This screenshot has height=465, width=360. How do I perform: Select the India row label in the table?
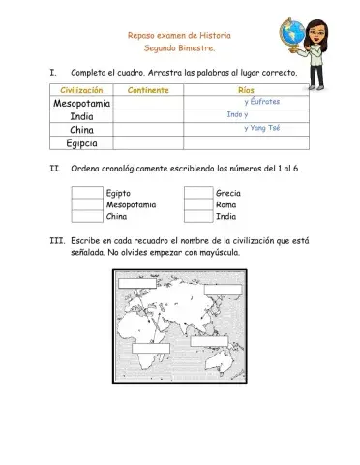coord(81,116)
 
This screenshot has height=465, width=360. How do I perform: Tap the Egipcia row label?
coord(81,143)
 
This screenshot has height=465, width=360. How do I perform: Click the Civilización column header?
coord(81,89)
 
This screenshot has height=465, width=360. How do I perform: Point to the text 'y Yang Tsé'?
coord(261,127)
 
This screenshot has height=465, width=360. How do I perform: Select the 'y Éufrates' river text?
coord(261,101)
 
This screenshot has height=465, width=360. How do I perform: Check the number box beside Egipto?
coord(86,193)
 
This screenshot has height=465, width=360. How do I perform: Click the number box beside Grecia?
coord(198,193)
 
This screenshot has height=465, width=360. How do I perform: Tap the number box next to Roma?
coord(198,205)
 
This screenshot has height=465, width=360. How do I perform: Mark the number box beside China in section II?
coord(86,218)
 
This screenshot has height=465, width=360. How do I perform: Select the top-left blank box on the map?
coord(137,282)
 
